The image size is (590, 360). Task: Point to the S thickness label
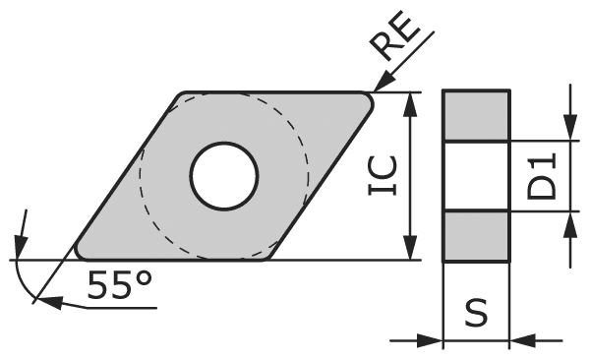click(477, 314)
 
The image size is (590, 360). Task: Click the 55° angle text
click(119, 284)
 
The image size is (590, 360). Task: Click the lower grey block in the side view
click(477, 236)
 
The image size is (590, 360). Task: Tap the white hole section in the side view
click(477, 176)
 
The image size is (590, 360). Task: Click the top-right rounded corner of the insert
click(368, 99)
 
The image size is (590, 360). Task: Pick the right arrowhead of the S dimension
click(521, 341)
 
